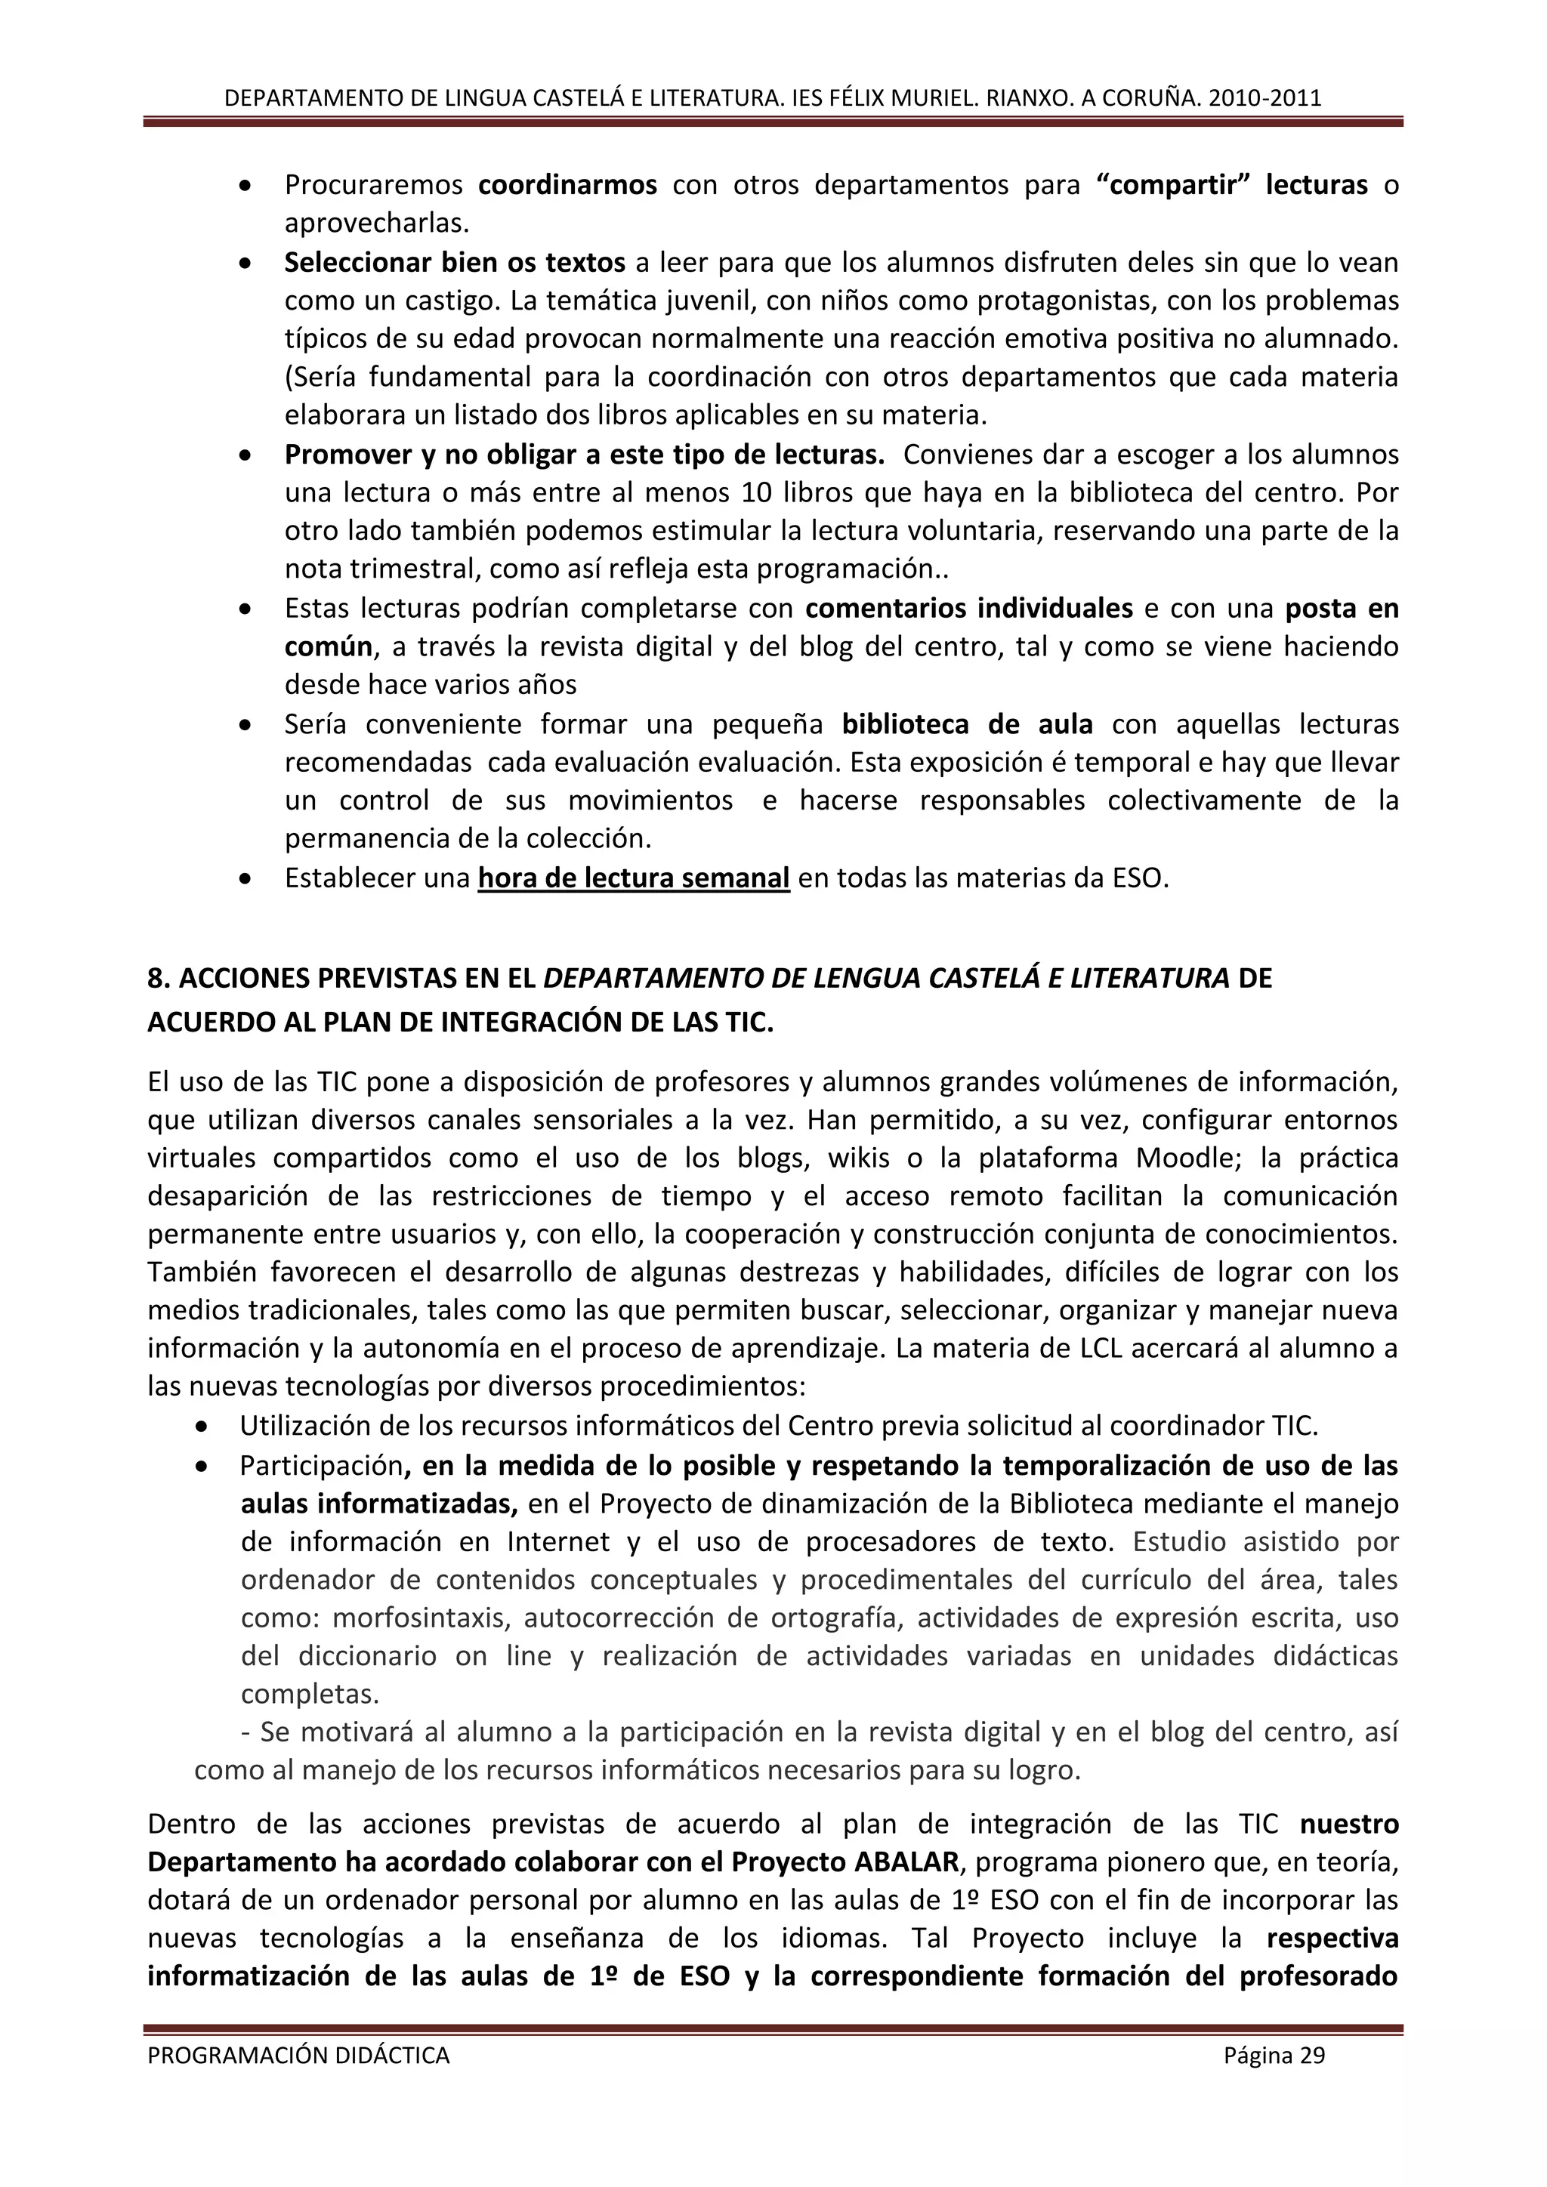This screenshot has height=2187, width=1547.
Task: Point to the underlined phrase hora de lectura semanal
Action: (634, 878)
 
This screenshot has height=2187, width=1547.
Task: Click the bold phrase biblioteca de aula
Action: (967, 724)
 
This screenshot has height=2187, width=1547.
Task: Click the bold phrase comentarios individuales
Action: (969, 608)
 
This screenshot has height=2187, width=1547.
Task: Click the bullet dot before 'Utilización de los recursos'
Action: (200, 1427)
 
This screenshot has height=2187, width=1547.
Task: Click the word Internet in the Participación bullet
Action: (558, 1541)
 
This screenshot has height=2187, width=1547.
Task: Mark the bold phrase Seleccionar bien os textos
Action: (455, 262)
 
